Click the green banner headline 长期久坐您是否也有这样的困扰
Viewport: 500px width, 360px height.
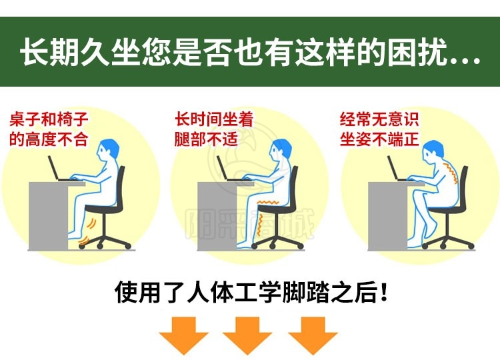pos(250,52)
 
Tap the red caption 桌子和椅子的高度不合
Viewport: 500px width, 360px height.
pos(49,129)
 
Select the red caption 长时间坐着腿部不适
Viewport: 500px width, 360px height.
pos(214,129)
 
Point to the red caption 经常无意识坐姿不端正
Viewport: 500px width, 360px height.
pos(379,129)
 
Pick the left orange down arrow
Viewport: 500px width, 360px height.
pos(184,335)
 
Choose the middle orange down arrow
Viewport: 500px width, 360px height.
pos(247,335)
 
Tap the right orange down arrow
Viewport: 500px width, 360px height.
pos(313,335)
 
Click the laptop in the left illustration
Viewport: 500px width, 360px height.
pos(59,169)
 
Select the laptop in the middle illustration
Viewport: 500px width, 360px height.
pos(228,169)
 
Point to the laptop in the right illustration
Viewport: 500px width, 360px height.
pos(399,169)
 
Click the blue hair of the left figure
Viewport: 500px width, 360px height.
pos(110,147)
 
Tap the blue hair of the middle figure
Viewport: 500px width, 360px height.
pos(283,147)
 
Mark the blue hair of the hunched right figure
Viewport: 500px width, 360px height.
pos(435,148)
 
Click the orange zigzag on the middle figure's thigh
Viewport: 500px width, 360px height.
pos(269,202)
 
